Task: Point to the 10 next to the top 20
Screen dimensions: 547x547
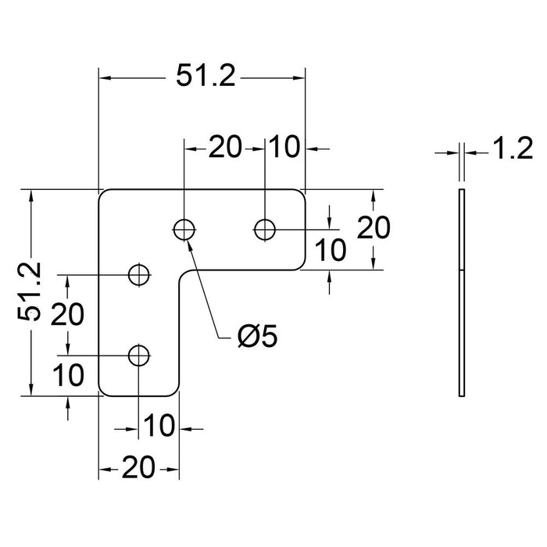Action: point(286,146)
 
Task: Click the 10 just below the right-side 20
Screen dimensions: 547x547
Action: point(330,250)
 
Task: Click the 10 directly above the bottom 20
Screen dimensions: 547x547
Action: point(158,426)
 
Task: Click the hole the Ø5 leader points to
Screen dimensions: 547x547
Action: point(184,229)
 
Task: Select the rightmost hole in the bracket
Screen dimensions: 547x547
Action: point(265,229)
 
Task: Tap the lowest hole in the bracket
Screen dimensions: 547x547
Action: point(139,356)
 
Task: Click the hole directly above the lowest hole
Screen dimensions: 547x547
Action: point(139,274)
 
